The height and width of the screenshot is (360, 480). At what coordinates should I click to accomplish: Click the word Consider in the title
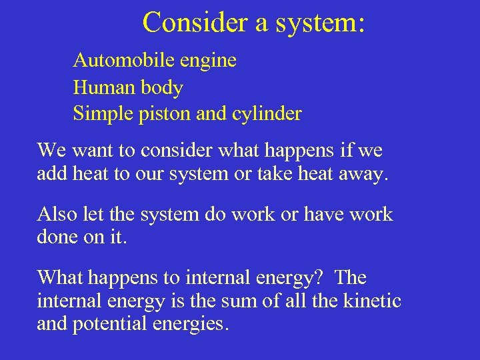195,22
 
